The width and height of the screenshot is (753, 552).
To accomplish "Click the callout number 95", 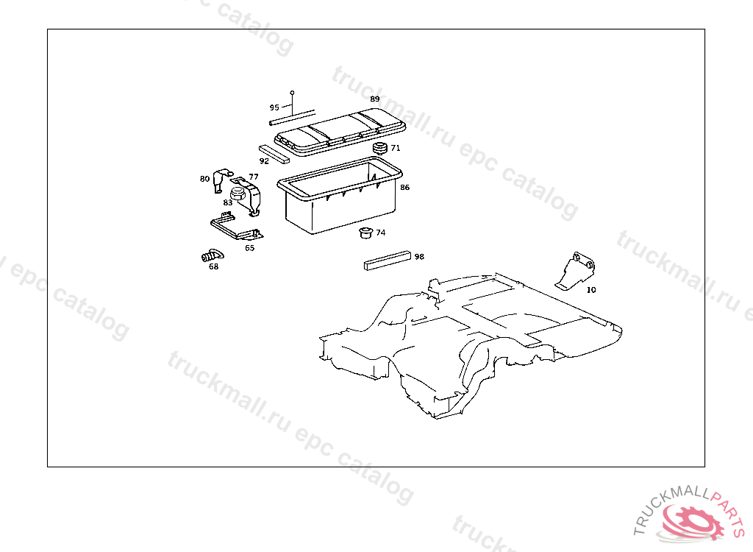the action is point(274,107).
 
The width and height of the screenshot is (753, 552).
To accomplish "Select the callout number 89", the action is point(375,99).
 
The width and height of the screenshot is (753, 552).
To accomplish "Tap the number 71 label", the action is point(396,148).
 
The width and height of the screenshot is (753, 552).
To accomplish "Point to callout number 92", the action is point(264,160).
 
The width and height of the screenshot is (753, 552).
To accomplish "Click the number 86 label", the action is point(404,188).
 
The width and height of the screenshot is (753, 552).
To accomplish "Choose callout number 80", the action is point(204,178).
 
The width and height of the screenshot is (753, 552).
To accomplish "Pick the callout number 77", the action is point(253,177).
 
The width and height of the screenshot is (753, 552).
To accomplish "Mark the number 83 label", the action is point(228,202).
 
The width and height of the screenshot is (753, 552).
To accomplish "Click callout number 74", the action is point(380,233).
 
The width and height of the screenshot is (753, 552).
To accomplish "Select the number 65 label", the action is point(249,248).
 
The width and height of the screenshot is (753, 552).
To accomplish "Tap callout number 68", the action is point(213,266).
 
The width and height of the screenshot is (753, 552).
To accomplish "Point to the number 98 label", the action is point(419,257).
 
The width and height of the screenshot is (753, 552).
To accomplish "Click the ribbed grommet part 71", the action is point(380,149).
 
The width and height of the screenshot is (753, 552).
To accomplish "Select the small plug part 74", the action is point(363,234).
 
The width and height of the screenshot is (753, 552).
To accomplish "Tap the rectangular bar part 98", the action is point(387,261).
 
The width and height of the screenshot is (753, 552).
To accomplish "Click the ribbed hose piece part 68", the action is point(210,256).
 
